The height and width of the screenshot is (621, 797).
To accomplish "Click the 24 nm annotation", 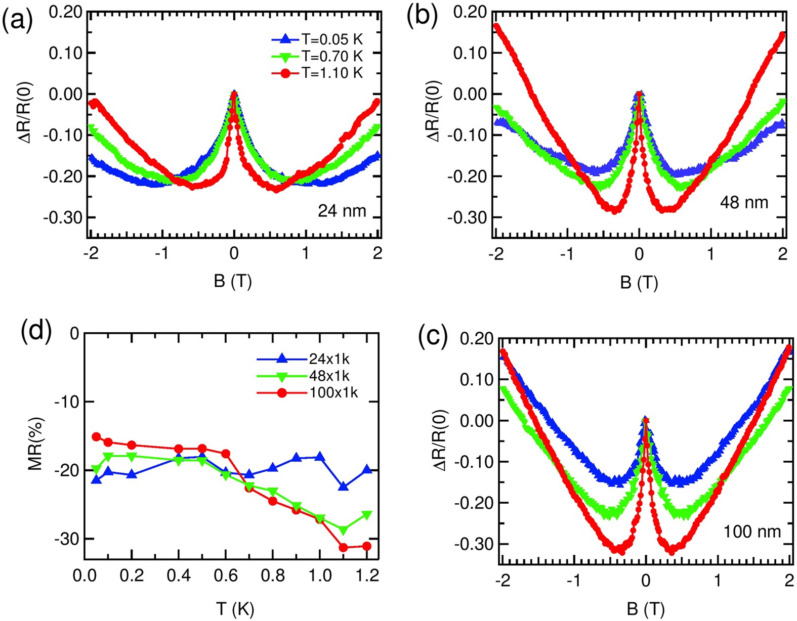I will pyautogui.click(x=342, y=210).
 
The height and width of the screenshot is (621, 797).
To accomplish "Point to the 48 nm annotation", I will pyautogui.click(x=743, y=202).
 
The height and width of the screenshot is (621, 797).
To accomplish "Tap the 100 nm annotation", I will pyautogui.click(x=752, y=531).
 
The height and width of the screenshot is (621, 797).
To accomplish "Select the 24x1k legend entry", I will pyautogui.click(x=304, y=359).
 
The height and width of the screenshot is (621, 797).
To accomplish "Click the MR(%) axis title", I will pyautogui.click(x=36, y=443).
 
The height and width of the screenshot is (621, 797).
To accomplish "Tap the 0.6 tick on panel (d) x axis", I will pyautogui.click(x=226, y=576).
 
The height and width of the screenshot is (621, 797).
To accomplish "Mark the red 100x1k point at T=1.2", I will pyautogui.click(x=367, y=546).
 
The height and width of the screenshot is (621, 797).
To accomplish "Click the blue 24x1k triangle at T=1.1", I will pyautogui.click(x=344, y=486).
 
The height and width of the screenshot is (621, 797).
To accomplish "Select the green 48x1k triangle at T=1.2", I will pyautogui.click(x=367, y=515).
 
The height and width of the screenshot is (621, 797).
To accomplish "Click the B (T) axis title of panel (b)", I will pyautogui.click(x=639, y=282).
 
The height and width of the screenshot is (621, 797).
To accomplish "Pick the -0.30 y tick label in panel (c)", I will pyautogui.click(x=475, y=544).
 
